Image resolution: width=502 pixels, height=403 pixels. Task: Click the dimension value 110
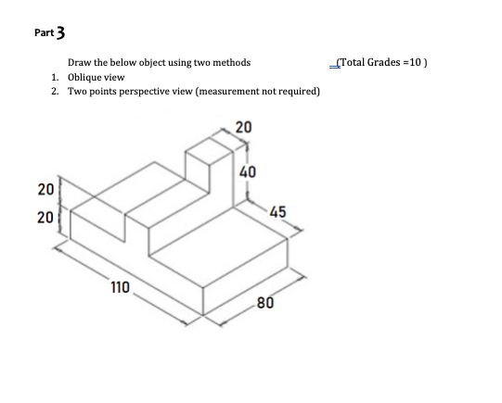point(120,287)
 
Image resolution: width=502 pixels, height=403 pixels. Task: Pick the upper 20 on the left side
point(45,190)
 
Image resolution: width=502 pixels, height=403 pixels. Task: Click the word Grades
point(386,62)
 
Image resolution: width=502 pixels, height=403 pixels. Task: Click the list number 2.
point(57,92)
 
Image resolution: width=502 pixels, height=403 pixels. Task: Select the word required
point(298,92)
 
